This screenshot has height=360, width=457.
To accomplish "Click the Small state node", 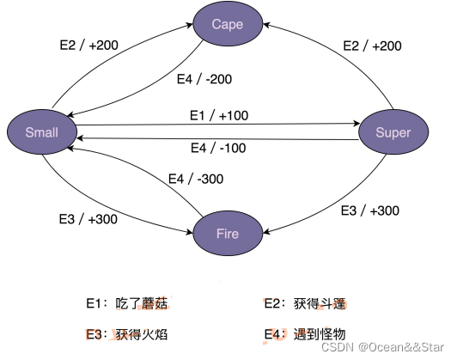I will pos(41,131).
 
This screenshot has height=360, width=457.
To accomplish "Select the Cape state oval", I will pos(228,24).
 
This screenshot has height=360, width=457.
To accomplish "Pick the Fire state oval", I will pos(228,233).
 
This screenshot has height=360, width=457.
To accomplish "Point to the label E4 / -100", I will pos(218,148).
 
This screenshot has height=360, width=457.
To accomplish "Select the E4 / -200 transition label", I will pos(204,79).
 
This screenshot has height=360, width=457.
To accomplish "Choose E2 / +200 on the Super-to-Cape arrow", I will pos(371,45).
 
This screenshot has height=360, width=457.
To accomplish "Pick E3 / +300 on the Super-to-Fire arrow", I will pos(369,211).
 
